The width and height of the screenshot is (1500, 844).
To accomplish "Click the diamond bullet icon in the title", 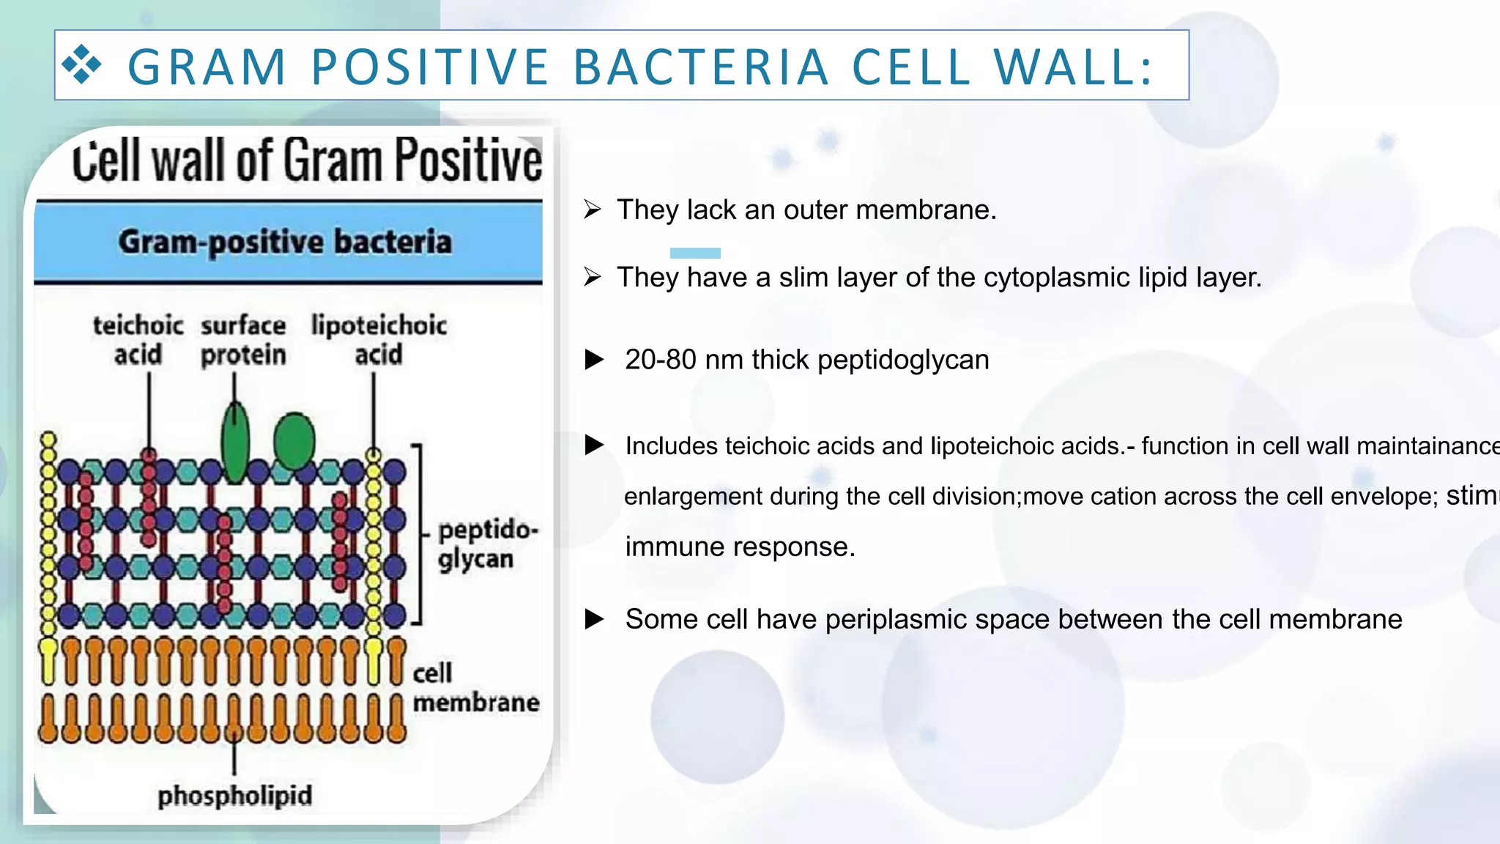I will point(81,64).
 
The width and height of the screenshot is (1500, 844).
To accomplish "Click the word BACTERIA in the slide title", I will point(701,67).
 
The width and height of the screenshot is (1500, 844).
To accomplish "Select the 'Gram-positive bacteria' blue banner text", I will point(285,242).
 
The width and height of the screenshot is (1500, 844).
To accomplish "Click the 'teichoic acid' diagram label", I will point(138,340).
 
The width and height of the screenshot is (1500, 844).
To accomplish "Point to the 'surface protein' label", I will point(243,340).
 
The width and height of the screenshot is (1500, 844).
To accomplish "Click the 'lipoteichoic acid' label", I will point(379,340).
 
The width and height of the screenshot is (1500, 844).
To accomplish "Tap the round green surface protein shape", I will point(294,441).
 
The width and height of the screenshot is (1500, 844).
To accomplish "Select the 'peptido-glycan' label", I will point(486,544).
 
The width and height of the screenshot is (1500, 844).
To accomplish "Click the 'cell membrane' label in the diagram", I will point(475,688).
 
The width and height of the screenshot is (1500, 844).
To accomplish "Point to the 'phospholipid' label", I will point(234,796).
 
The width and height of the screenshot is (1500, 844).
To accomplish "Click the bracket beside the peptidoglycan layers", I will point(418,533).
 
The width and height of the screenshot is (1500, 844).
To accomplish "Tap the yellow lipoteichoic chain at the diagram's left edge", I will point(48,535).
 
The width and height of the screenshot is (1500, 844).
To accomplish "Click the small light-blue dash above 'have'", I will point(695,253).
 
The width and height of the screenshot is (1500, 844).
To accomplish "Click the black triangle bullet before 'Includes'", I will point(595,445).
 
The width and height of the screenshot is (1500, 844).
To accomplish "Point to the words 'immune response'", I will point(739,547).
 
